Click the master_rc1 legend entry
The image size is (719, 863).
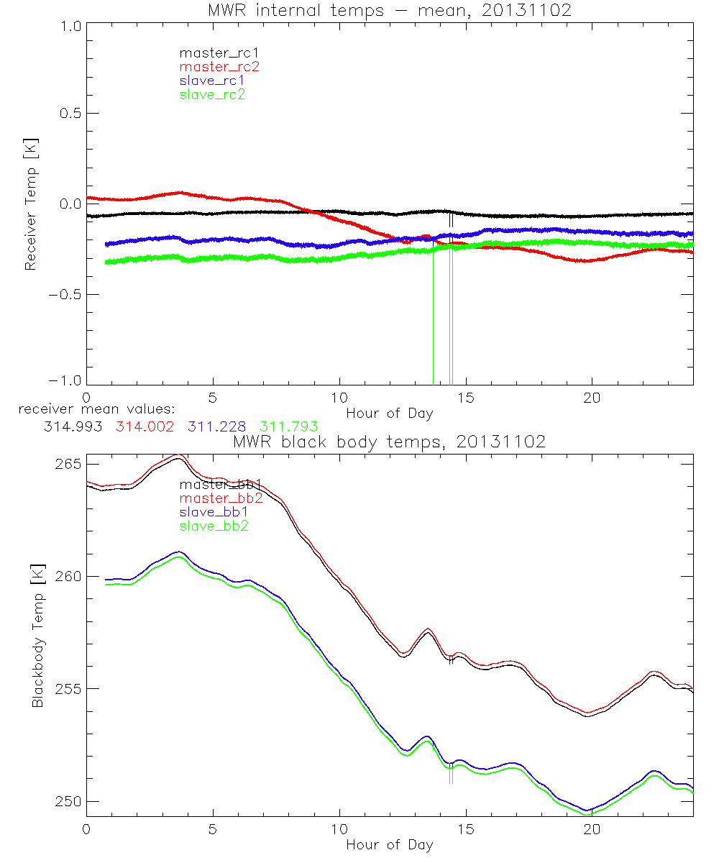213,52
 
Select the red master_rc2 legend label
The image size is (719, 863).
219,67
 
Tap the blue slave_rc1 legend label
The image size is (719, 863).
212,81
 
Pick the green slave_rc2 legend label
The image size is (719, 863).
212,94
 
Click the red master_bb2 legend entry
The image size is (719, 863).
221,498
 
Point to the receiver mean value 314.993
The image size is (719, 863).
73,426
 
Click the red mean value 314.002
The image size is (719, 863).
144,426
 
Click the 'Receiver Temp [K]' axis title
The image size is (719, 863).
30,204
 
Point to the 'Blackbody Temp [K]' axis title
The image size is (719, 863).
37,636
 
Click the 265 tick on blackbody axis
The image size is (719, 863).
69,464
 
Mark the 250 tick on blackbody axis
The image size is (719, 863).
69,801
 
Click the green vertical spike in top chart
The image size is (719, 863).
433,324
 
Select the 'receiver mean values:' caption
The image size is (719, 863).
91,409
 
